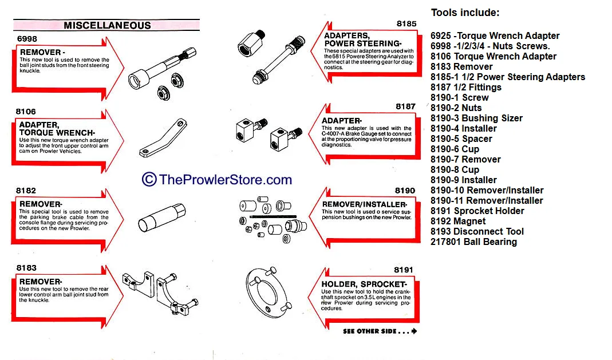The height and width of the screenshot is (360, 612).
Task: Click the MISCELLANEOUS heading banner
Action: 107,25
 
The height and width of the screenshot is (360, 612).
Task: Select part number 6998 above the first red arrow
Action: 27,38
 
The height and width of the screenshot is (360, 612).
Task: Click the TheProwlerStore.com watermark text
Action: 225,180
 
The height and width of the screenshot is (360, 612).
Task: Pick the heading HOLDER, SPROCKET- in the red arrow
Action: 364,284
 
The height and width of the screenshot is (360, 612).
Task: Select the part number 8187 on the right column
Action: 405,106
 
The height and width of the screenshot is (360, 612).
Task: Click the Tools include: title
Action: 465,13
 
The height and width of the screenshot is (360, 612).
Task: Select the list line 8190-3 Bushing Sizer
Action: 476,118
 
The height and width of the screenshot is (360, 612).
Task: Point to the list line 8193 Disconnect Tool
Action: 477,231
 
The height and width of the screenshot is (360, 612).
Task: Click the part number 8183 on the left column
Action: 26,268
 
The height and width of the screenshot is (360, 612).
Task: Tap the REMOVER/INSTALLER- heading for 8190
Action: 364,204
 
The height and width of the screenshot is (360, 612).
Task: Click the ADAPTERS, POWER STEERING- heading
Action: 363,39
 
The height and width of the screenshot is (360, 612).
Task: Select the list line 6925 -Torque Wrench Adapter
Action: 495,35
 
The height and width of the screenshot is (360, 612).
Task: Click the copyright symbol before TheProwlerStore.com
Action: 149,180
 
